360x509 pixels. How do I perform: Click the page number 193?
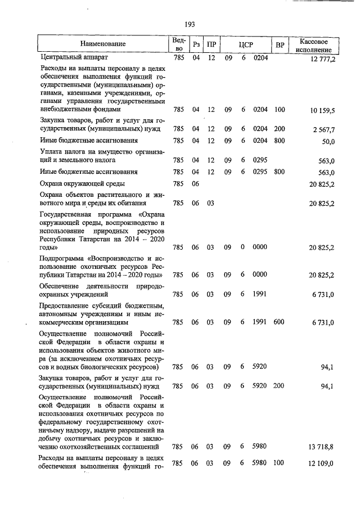(x=189, y=24)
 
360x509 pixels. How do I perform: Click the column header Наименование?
(x=103, y=44)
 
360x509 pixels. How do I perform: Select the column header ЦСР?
(x=246, y=44)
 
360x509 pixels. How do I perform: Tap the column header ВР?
(x=280, y=44)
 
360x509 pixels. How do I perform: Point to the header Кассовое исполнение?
(x=318, y=44)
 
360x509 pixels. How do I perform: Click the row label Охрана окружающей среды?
(x=82, y=183)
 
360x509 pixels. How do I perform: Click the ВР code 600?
(x=280, y=322)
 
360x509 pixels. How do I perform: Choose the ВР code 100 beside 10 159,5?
(x=280, y=110)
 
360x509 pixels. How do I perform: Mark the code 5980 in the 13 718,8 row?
(x=260, y=447)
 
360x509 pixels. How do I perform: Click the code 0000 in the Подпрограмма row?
(x=260, y=275)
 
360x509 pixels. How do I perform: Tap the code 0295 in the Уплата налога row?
(x=260, y=160)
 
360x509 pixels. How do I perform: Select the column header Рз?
(x=196, y=44)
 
